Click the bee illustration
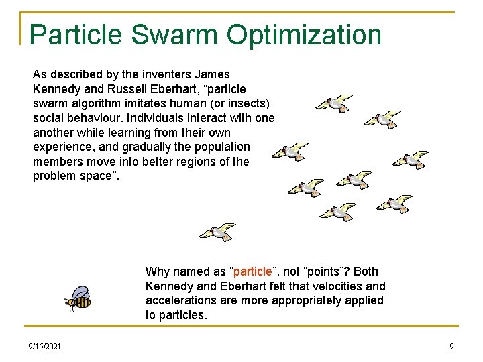click(x=78, y=298)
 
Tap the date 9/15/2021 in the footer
click(x=45, y=347)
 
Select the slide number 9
click(x=451, y=347)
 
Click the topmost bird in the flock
click(x=334, y=103)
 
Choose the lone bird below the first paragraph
click(x=217, y=232)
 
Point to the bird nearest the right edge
click(x=410, y=160)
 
